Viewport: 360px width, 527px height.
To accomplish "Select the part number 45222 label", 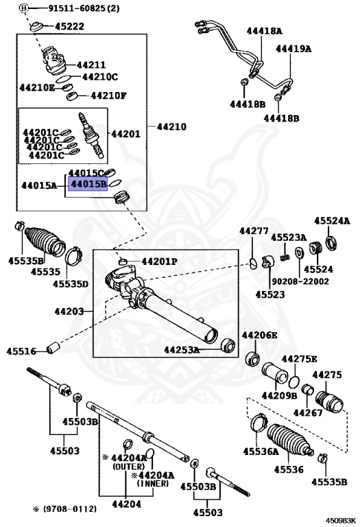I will click(70, 27).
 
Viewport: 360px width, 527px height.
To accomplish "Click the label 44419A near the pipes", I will click(293, 49).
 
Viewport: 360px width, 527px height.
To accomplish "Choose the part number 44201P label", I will click(159, 262).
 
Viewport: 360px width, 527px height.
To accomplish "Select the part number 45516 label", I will click(22, 351).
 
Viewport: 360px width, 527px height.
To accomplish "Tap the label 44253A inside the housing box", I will click(181, 350).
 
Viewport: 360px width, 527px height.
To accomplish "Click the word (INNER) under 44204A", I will click(158, 483).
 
